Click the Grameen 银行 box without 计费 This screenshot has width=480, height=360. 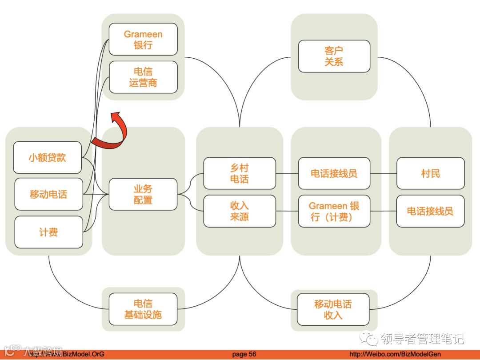[x=143, y=40]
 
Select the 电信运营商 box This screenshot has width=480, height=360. [x=143, y=77]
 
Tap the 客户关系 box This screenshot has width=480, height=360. [x=334, y=56]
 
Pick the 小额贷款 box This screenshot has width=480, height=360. [x=48, y=157]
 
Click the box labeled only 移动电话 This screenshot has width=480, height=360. [x=48, y=194]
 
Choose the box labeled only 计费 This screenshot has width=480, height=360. [x=48, y=232]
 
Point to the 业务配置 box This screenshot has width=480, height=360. [x=143, y=195]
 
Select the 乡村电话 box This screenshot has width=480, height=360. [x=240, y=173]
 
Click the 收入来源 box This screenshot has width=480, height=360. [x=240, y=211]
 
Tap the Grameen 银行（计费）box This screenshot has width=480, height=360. [x=334, y=211]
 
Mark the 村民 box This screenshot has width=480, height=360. [x=430, y=173]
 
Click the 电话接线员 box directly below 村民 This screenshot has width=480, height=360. [x=430, y=211]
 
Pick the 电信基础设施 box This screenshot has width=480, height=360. [x=143, y=309]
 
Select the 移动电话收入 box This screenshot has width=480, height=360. [x=333, y=309]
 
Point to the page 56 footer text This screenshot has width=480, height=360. [x=244, y=354]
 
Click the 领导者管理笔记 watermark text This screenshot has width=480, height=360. [x=422, y=339]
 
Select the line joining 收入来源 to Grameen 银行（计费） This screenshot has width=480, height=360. [x=287, y=211]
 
